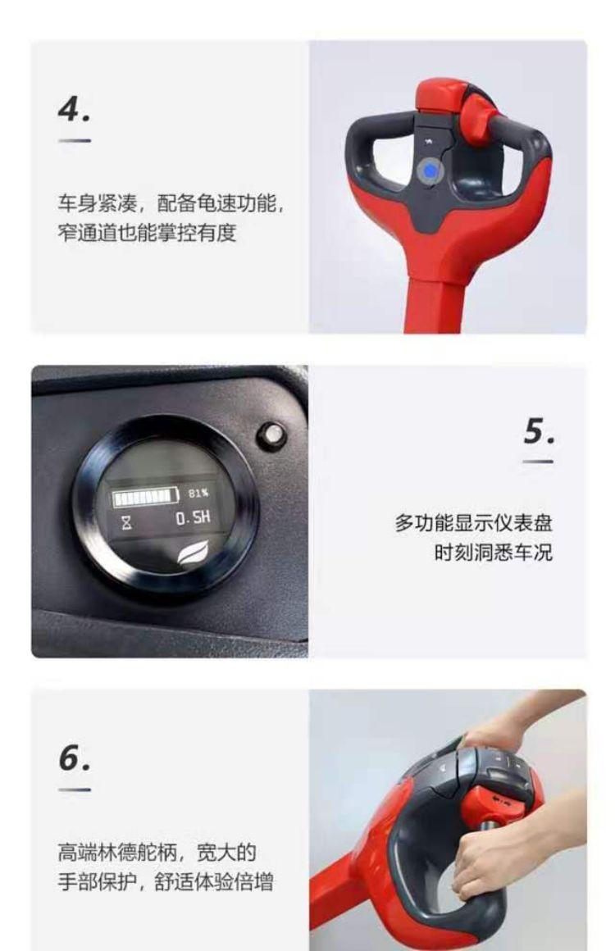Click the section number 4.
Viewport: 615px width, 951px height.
[74, 110]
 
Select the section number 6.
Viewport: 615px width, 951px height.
[74, 758]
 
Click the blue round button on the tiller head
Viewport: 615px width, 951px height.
[430, 171]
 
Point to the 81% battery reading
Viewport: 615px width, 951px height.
[198, 493]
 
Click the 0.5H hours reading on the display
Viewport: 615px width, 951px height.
[193, 518]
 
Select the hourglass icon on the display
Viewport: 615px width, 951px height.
[126, 521]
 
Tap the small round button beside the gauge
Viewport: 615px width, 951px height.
[271, 435]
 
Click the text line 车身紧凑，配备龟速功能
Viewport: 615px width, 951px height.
[171, 203]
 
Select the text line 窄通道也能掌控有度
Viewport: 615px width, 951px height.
[147, 232]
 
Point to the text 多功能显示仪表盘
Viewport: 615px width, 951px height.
[474, 523]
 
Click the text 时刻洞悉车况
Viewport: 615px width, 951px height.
[493, 553]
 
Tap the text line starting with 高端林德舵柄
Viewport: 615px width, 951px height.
[157, 852]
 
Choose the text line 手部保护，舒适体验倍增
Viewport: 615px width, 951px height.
[166, 881]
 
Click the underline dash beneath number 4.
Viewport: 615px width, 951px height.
[75, 141]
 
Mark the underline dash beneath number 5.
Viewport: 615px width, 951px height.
[538, 462]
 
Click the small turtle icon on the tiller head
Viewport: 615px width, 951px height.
[430, 143]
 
